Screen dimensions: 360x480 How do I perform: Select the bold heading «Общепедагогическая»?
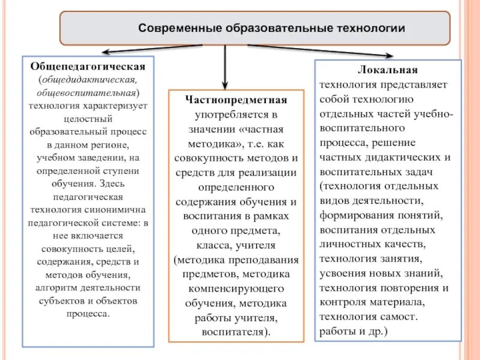point(88,65)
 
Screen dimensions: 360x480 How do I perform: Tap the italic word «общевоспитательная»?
point(88,93)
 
